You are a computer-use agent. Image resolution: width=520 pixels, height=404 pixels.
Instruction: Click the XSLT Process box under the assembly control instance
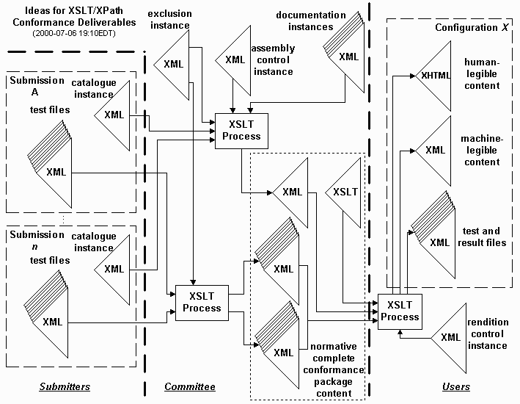pyautogui.click(x=238, y=131)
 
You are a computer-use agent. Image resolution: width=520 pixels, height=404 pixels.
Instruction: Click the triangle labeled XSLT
pyautogui.click(x=345, y=192)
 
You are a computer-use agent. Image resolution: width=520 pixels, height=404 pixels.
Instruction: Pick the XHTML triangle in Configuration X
pyautogui.click(x=436, y=75)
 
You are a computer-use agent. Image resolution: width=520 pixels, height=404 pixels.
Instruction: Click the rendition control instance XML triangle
pyautogui.click(x=447, y=338)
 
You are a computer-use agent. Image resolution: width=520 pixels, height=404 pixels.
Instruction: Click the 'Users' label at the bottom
pyautogui.click(x=455, y=386)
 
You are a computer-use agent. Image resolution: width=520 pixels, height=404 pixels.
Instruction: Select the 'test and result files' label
pyautogui.click(x=482, y=237)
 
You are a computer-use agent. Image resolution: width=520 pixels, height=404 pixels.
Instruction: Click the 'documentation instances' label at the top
pyautogui.click(x=312, y=20)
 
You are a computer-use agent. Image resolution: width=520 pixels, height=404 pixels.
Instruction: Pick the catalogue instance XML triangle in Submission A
pyautogui.click(x=114, y=114)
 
